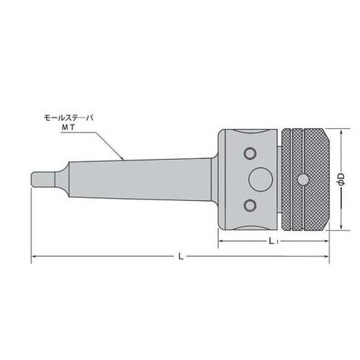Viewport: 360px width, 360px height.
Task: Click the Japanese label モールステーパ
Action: (x=68, y=118)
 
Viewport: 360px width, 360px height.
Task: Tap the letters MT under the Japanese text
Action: (x=68, y=127)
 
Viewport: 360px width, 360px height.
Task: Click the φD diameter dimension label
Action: (x=341, y=179)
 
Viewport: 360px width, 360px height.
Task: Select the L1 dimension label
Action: (x=273, y=240)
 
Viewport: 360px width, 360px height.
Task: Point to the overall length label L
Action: (x=181, y=256)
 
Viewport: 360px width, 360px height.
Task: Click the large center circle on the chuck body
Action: (x=261, y=179)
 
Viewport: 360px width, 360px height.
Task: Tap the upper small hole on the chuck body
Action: (x=250, y=153)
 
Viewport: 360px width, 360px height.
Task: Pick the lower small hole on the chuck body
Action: (x=250, y=205)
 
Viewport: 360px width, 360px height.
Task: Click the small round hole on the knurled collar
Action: (x=303, y=179)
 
